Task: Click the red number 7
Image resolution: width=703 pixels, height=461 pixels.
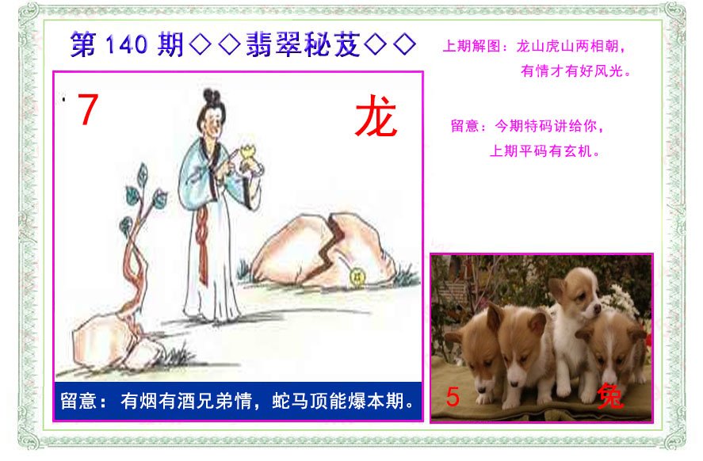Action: tap(88, 109)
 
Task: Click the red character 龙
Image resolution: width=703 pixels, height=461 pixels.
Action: tap(376, 116)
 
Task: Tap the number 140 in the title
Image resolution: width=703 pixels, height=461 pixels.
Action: tap(127, 45)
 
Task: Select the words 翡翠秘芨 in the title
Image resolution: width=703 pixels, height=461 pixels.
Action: tap(303, 44)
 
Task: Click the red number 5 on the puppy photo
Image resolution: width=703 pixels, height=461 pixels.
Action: tap(453, 397)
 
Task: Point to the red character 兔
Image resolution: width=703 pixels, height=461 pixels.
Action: tap(610, 395)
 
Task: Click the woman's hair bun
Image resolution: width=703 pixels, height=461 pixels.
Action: tap(211, 96)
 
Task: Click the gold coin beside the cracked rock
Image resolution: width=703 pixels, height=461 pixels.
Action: tap(357, 277)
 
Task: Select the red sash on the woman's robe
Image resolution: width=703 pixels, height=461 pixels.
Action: tap(202, 244)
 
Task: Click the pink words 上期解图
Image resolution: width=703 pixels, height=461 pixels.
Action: tap(472, 46)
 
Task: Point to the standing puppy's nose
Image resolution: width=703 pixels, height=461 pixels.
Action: tap(597, 307)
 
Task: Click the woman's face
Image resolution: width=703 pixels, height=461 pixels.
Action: tap(215, 120)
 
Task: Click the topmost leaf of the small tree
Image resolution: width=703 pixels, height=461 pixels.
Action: tap(143, 172)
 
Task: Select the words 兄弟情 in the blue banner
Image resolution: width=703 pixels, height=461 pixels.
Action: tap(224, 401)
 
